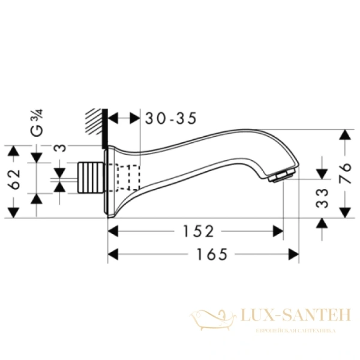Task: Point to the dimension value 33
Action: click(x=322, y=197)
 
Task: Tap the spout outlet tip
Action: click(x=284, y=175)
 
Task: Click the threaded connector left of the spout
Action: click(x=91, y=177)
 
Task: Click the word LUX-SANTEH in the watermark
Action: click(x=287, y=316)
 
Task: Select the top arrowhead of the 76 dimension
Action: click(x=344, y=135)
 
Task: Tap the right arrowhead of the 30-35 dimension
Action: click(x=134, y=119)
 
